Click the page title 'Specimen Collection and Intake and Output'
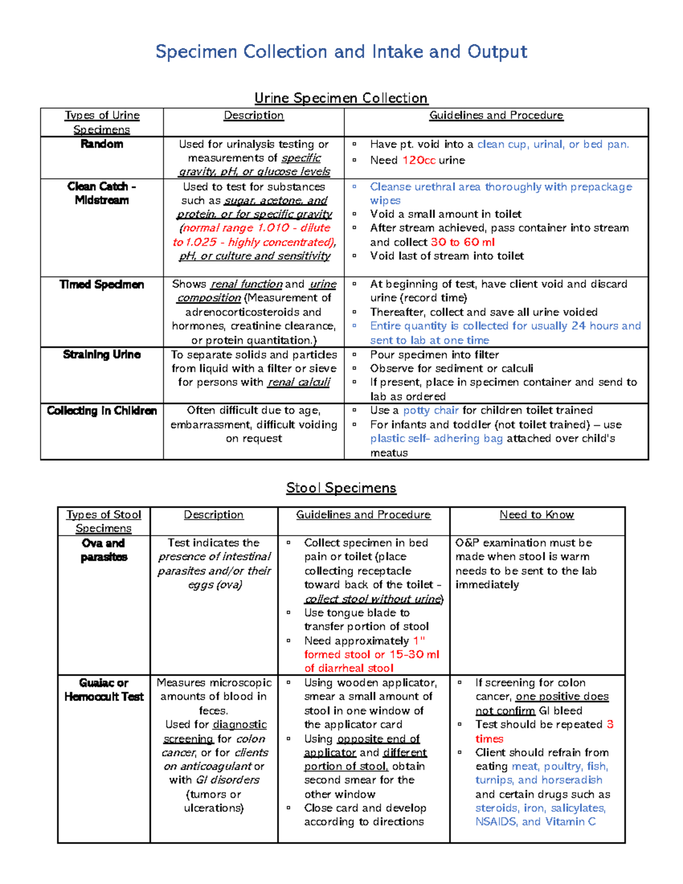pyautogui.click(x=341, y=52)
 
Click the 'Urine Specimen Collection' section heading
pyautogui.click(x=341, y=98)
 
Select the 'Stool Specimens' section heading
pyautogui.click(x=341, y=488)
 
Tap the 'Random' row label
pyautogui.click(x=102, y=144)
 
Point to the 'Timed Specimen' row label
pyautogui.click(x=102, y=285)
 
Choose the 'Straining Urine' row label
pyautogui.click(x=102, y=355)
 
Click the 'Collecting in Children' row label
pyautogui.click(x=102, y=411)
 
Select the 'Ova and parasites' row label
pyautogui.click(x=104, y=550)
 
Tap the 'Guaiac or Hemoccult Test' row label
pyautogui.click(x=104, y=689)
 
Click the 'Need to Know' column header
pyautogui.click(x=537, y=515)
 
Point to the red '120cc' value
pyautogui.click(x=419, y=161)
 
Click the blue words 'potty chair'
pyautogui.click(x=431, y=410)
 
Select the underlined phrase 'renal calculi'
pyautogui.click(x=299, y=383)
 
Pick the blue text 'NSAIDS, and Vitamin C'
pyautogui.click(x=536, y=821)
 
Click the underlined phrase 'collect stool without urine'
pyautogui.click(x=373, y=599)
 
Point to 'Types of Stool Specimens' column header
pyautogui.click(x=104, y=521)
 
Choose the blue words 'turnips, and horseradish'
pyautogui.click(x=539, y=780)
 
